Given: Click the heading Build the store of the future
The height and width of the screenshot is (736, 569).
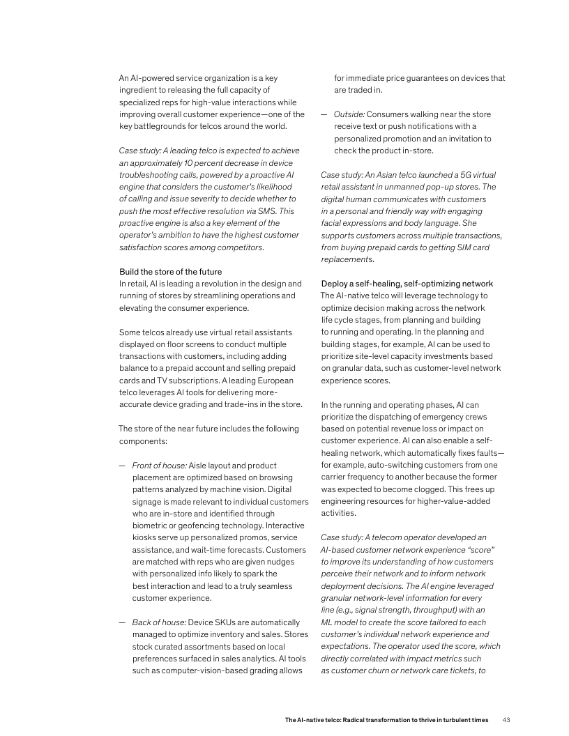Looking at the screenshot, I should coord(170,271).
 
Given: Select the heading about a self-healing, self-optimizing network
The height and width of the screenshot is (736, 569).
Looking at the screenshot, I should coord(407,284).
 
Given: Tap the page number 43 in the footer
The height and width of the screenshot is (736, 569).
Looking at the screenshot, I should coord(507,719).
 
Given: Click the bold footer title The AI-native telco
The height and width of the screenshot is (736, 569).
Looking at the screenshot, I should coord(386,719).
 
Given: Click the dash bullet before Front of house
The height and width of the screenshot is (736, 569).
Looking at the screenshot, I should coord(122,465).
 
